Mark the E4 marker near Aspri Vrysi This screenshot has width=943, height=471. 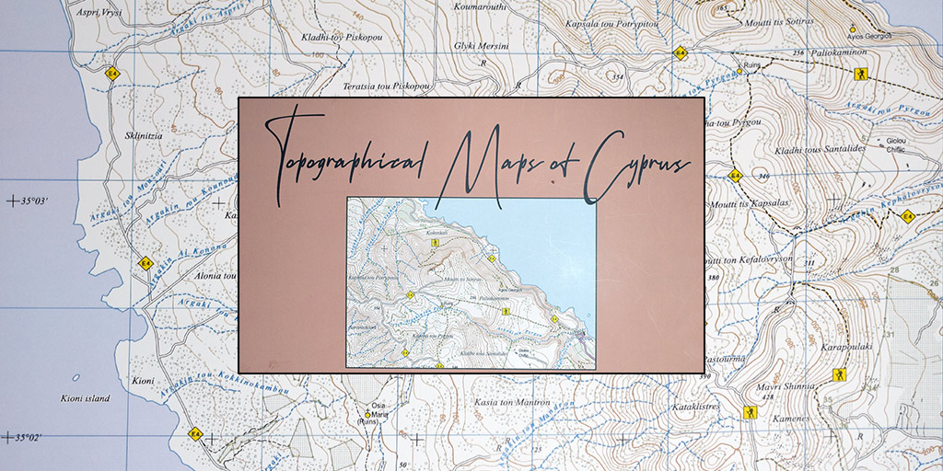pos(113,73)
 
